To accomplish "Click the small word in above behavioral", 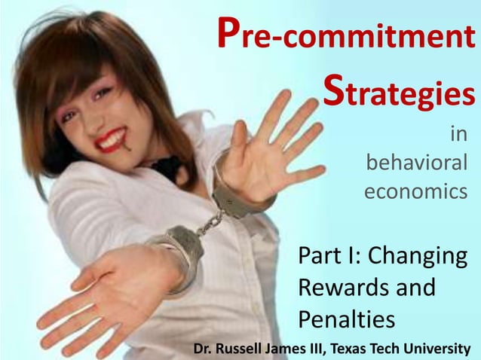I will coord(458,134).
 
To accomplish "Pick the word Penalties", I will coord(346,320).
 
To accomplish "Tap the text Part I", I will coord(329,256).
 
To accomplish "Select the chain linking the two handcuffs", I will coord(207,222).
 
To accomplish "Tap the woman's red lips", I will coord(112,140).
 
